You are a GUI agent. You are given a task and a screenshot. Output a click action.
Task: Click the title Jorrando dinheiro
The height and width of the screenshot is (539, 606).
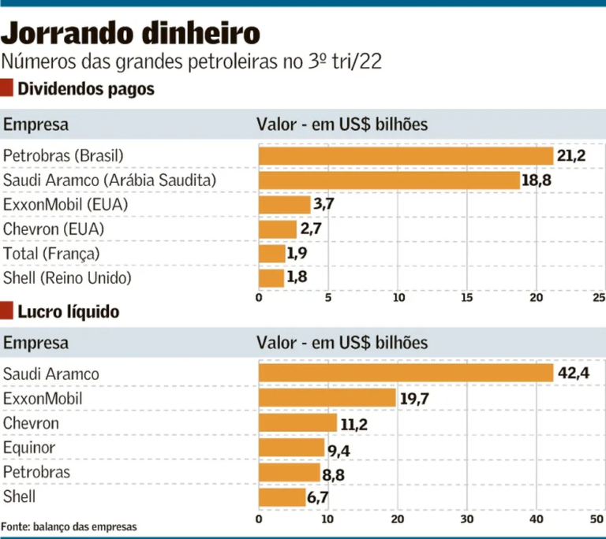pos(130,33)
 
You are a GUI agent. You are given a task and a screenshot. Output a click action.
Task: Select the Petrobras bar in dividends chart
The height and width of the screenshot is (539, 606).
pos(406,156)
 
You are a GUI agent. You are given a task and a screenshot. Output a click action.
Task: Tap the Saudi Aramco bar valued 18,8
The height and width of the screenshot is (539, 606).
pos(389,180)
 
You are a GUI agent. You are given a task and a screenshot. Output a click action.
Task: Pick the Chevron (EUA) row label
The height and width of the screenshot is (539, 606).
pos(54,229)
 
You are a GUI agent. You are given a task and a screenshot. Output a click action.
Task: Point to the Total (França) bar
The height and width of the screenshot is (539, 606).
pos(271,254)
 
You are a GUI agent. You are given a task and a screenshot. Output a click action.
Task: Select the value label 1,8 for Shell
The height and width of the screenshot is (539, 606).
pos(297,278)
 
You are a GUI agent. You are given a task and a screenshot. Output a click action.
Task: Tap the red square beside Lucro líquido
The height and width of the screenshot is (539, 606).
pos(7,312)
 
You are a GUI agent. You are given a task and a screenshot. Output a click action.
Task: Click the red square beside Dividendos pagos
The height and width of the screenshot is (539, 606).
pos(7,89)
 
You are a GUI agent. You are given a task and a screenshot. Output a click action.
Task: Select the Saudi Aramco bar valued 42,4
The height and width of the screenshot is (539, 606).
pos(406,373)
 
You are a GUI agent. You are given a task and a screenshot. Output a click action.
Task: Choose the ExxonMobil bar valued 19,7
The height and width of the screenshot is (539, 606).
pos(327,398)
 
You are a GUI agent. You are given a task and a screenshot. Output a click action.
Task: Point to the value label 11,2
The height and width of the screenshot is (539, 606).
pos(353,423)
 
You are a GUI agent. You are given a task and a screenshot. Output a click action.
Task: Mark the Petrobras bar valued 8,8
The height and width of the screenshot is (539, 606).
pos(289,473)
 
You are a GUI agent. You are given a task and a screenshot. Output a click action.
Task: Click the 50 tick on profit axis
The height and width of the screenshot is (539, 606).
pos(596,520)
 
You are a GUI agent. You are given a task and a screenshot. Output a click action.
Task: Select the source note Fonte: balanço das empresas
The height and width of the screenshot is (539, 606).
pos(69,526)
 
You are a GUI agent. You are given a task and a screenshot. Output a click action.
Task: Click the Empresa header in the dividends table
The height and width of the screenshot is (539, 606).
pos(36,125)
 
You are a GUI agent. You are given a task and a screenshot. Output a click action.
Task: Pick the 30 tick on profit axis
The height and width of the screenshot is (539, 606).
pos(466,520)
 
